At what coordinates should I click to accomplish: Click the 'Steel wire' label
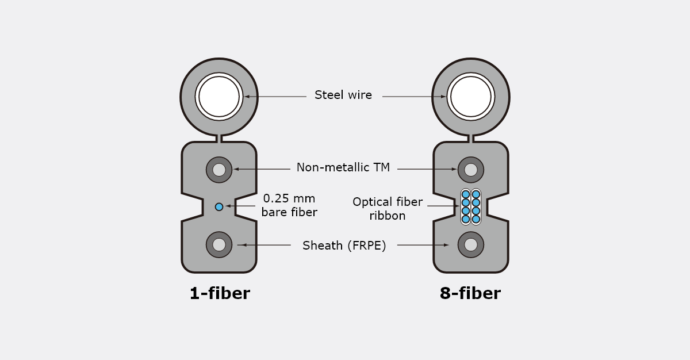point(343,95)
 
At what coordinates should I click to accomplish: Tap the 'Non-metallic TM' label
point(343,167)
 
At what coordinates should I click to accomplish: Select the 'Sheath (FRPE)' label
point(344,246)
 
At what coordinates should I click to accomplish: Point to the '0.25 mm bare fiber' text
point(289,205)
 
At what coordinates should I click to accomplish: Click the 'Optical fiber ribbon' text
point(388,209)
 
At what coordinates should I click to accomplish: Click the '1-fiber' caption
point(220,293)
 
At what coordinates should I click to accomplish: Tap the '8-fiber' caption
point(470,293)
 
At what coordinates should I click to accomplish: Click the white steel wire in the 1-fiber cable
point(219,97)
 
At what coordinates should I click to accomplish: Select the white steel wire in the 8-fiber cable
point(471,97)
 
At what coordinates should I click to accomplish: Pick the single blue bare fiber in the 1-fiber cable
point(219,207)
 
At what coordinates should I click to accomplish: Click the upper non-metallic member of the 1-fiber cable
point(219,170)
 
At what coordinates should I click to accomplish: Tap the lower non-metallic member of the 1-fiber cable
point(219,245)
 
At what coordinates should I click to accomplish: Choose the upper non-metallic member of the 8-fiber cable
point(471,170)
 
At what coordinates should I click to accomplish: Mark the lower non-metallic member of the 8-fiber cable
point(471,245)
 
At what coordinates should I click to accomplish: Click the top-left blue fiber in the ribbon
point(466,194)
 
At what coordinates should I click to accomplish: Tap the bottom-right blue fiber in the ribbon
point(476,219)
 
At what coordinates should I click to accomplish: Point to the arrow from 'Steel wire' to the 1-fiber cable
point(275,97)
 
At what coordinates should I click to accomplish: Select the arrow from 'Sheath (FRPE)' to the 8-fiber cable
point(423,245)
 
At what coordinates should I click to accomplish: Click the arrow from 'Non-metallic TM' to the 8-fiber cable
point(427,169)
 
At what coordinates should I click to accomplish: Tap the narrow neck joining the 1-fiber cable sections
point(219,139)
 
